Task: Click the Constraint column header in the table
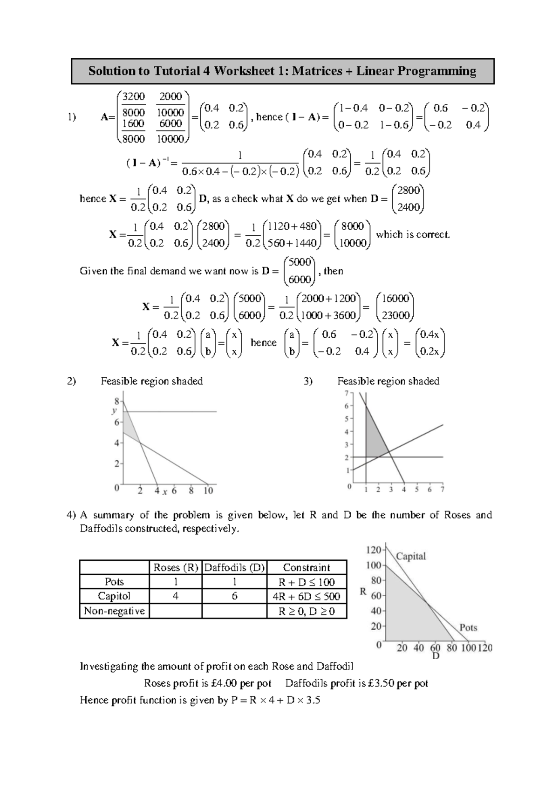(307, 567)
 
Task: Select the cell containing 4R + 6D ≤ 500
(307, 596)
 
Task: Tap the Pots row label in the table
(114, 582)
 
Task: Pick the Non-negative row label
(114, 611)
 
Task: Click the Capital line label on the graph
(411, 556)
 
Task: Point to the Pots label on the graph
(468, 627)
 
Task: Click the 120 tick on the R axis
(374, 550)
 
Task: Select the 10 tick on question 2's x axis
(208, 490)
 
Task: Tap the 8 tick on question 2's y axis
(116, 401)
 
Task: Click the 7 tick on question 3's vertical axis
(346, 393)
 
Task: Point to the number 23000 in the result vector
(395, 315)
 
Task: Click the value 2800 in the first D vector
(409, 190)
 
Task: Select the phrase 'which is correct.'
(413, 234)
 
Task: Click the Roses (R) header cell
(176, 567)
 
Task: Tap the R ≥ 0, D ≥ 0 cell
(307, 611)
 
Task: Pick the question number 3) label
(308, 381)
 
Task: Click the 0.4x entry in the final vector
(429, 334)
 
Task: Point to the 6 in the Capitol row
(234, 596)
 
